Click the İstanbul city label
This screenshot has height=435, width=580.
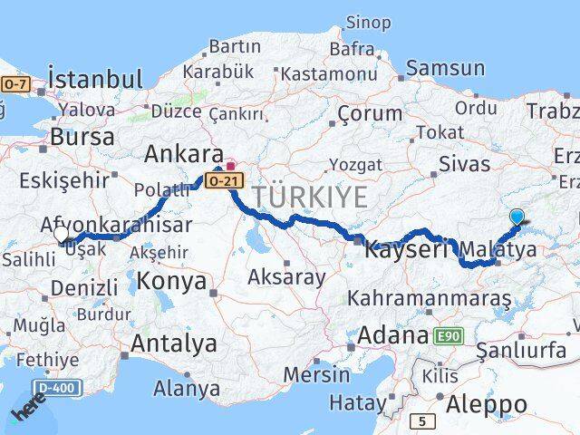coord(95,78)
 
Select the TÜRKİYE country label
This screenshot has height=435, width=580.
coord(310,197)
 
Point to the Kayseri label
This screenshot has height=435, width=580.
coord(407,249)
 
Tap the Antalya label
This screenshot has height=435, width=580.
coord(174,343)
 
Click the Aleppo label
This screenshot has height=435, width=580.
coord(494,404)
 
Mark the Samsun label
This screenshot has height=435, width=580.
coord(445,68)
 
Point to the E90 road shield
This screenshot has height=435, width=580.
coord(446,337)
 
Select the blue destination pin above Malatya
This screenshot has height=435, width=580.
coord(517,217)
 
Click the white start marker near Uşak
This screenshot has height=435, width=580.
coord(61,234)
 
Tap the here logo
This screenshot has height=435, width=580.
coord(27,411)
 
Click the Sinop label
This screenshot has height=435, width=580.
coord(368,22)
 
